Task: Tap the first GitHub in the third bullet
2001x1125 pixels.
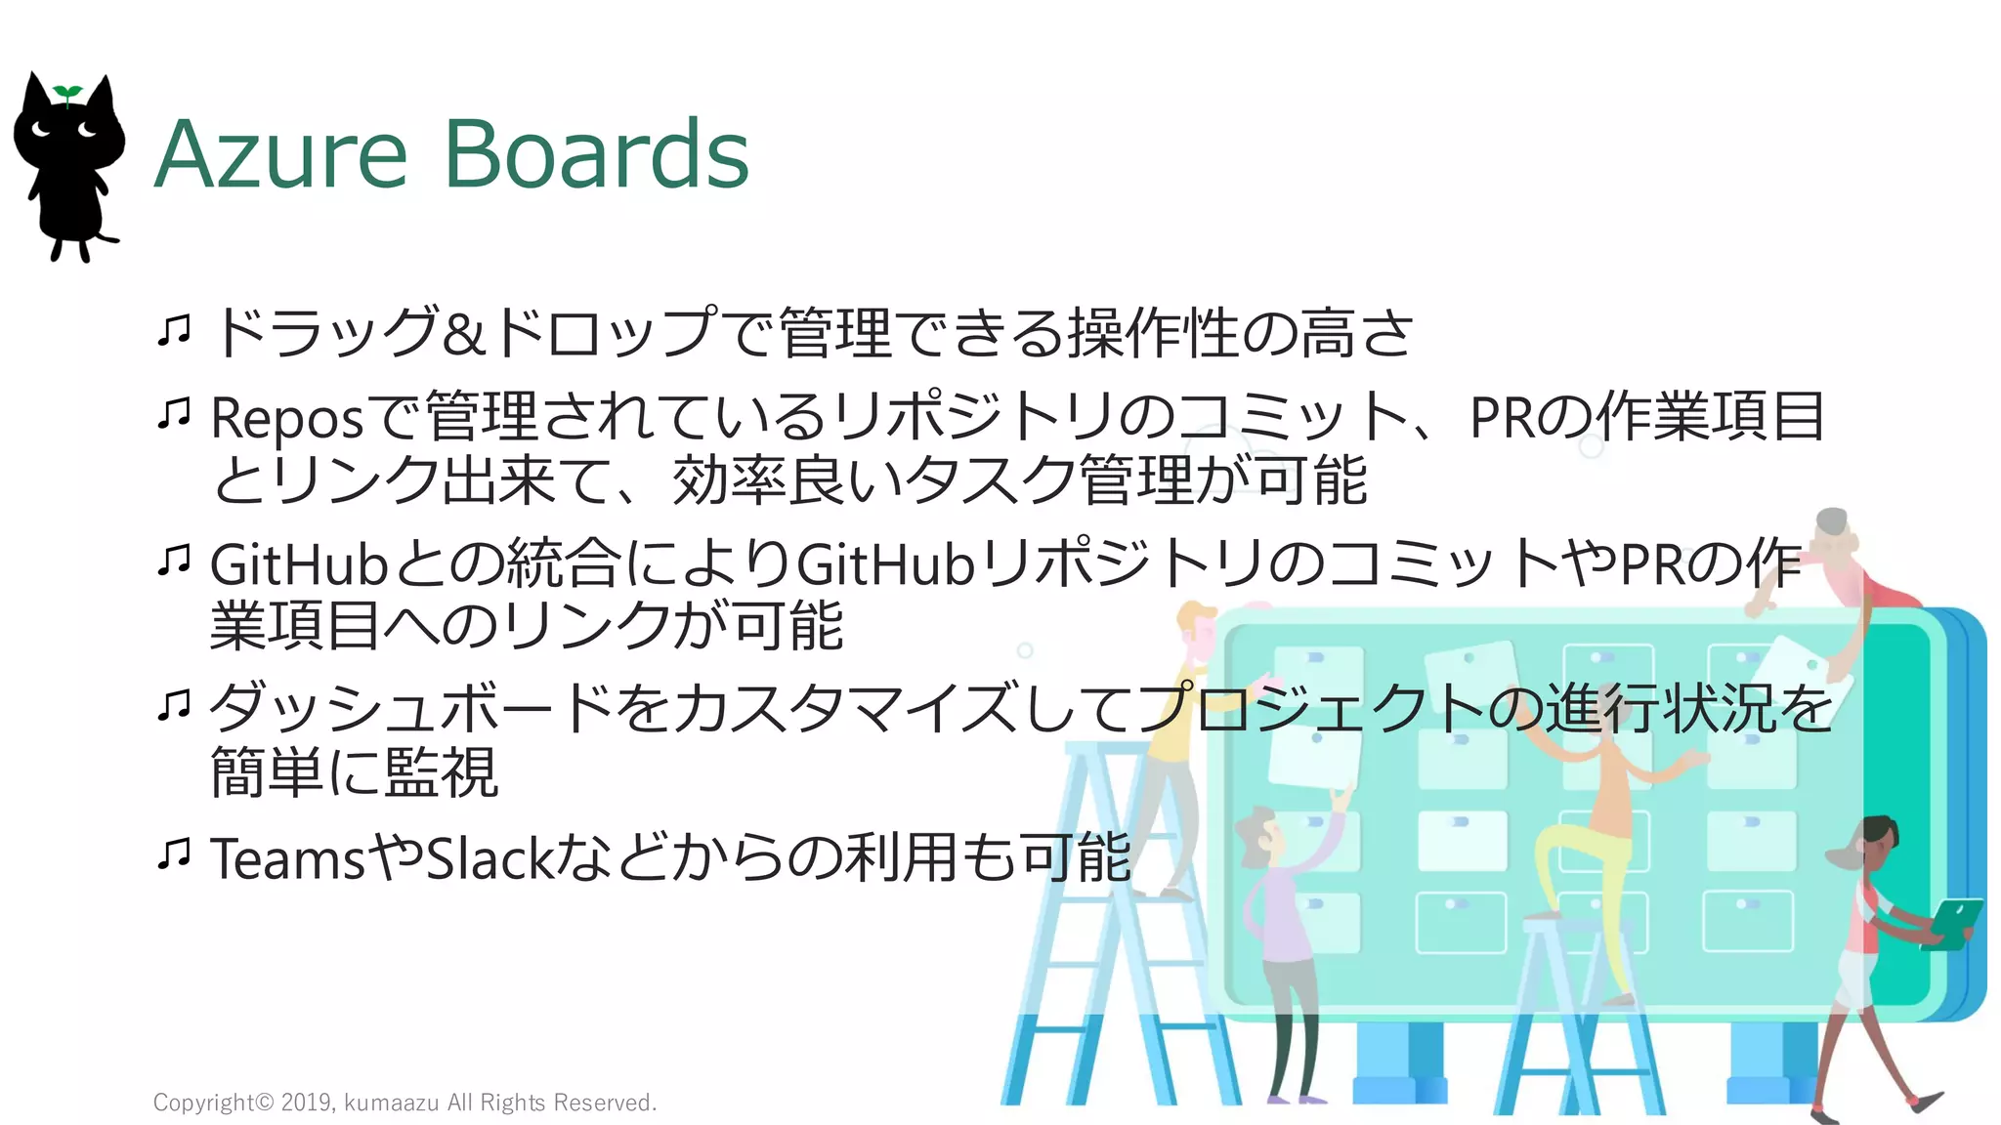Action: pos(299,564)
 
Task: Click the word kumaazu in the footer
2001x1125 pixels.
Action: pos(391,1103)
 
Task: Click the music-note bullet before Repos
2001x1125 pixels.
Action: pos(174,413)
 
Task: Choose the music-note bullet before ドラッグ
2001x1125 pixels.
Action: pos(174,330)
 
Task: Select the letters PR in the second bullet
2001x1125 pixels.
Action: pos(1502,417)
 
